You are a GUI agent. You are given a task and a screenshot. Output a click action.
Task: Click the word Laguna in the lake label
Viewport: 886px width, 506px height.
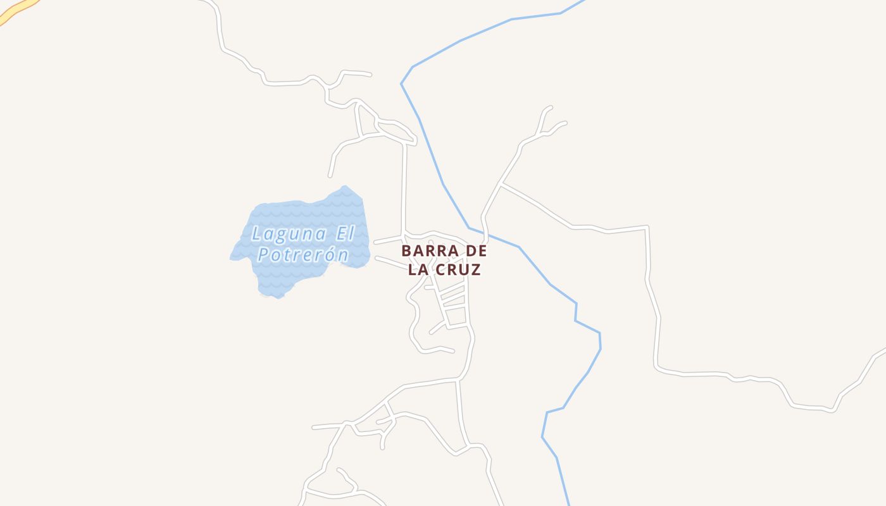pyautogui.click(x=289, y=234)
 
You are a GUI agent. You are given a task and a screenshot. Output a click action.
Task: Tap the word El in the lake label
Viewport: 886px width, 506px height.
pyautogui.click(x=345, y=234)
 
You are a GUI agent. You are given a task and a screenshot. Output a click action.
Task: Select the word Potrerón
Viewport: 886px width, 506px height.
pyautogui.click(x=303, y=255)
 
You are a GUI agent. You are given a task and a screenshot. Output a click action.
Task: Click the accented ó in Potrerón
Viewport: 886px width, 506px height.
pyautogui.click(x=327, y=255)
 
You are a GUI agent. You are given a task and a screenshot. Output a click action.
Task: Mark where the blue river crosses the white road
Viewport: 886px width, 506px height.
pyautogui.click(x=485, y=233)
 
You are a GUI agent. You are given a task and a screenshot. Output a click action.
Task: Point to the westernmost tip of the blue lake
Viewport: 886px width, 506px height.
pyautogui.click(x=230, y=258)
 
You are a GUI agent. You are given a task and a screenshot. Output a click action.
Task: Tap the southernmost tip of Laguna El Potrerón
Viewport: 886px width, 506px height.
pyautogui.click(x=277, y=298)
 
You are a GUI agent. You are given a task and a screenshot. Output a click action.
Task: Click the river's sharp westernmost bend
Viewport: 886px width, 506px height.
pyautogui.click(x=401, y=83)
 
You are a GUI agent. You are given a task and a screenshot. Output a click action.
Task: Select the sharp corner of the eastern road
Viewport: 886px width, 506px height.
pyautogui.click(x=647, y=226)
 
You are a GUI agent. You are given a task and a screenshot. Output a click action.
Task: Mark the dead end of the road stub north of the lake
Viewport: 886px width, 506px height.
pyautogui.click(x=330, y=176)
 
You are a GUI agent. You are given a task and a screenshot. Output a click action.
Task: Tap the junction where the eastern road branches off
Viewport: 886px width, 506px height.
pyautogui.click(x=501, y=184)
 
